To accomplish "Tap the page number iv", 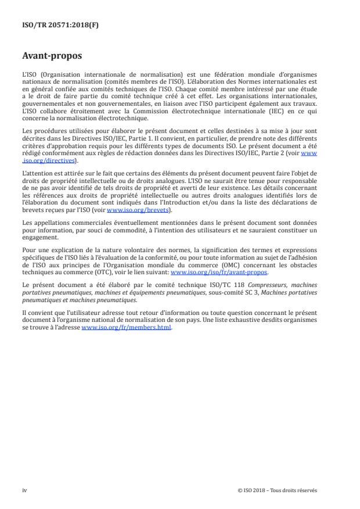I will click(x=24, y=490).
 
